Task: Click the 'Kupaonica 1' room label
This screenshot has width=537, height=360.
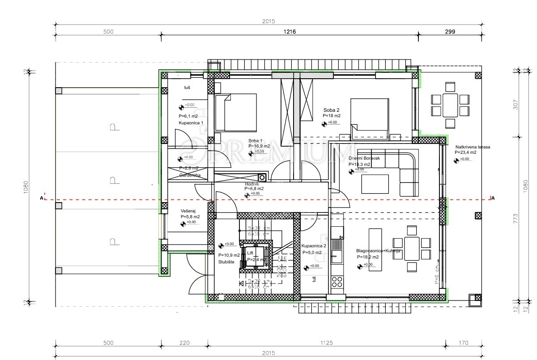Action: point(191,123)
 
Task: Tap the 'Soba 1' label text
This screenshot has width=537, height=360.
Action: point(256,140)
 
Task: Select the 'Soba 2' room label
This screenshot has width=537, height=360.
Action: point(332,110)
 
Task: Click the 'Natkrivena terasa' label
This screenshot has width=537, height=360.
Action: point(473,147)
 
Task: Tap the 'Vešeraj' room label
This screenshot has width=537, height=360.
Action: point(187,211)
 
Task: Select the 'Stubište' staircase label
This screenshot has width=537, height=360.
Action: point(226,262)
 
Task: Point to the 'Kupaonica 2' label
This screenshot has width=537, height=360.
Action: point(314,246)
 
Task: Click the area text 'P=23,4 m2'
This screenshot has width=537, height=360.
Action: point(466,152)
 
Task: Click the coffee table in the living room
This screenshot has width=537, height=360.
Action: point(375,184)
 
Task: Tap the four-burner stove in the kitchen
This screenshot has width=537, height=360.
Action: point(337,282)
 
